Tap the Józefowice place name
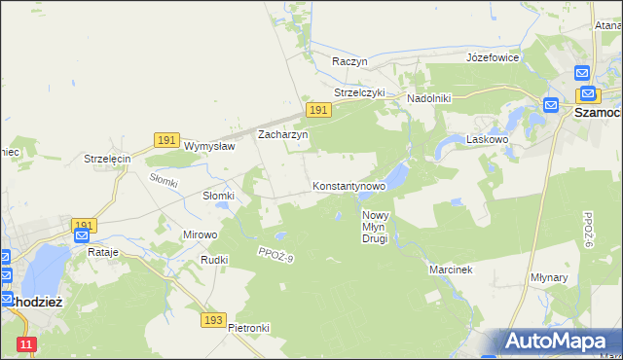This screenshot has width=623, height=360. click(493, 57)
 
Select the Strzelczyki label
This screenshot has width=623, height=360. click(359, 92)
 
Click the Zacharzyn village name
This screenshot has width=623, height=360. click(282, 135)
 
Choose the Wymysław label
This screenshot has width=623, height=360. click(209, 146)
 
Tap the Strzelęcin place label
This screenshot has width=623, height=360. click(107, 159)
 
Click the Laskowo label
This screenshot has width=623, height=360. click(489, 140)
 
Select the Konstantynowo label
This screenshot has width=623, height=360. click(348, 185)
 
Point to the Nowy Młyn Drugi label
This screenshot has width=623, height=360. click(375, 227)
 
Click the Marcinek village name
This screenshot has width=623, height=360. click(451, 270)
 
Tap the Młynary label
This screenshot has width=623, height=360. click(576, 277)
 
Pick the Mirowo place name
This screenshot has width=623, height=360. click(201, 234)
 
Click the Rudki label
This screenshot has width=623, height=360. click(213, 260)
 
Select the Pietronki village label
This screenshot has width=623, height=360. click(248, 328)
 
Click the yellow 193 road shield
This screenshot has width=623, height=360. click(215, 319)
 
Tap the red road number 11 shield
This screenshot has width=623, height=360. click(26, 344)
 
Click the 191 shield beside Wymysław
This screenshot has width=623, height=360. click(165, 141)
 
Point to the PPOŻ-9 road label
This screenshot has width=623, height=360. click(275, 256)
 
